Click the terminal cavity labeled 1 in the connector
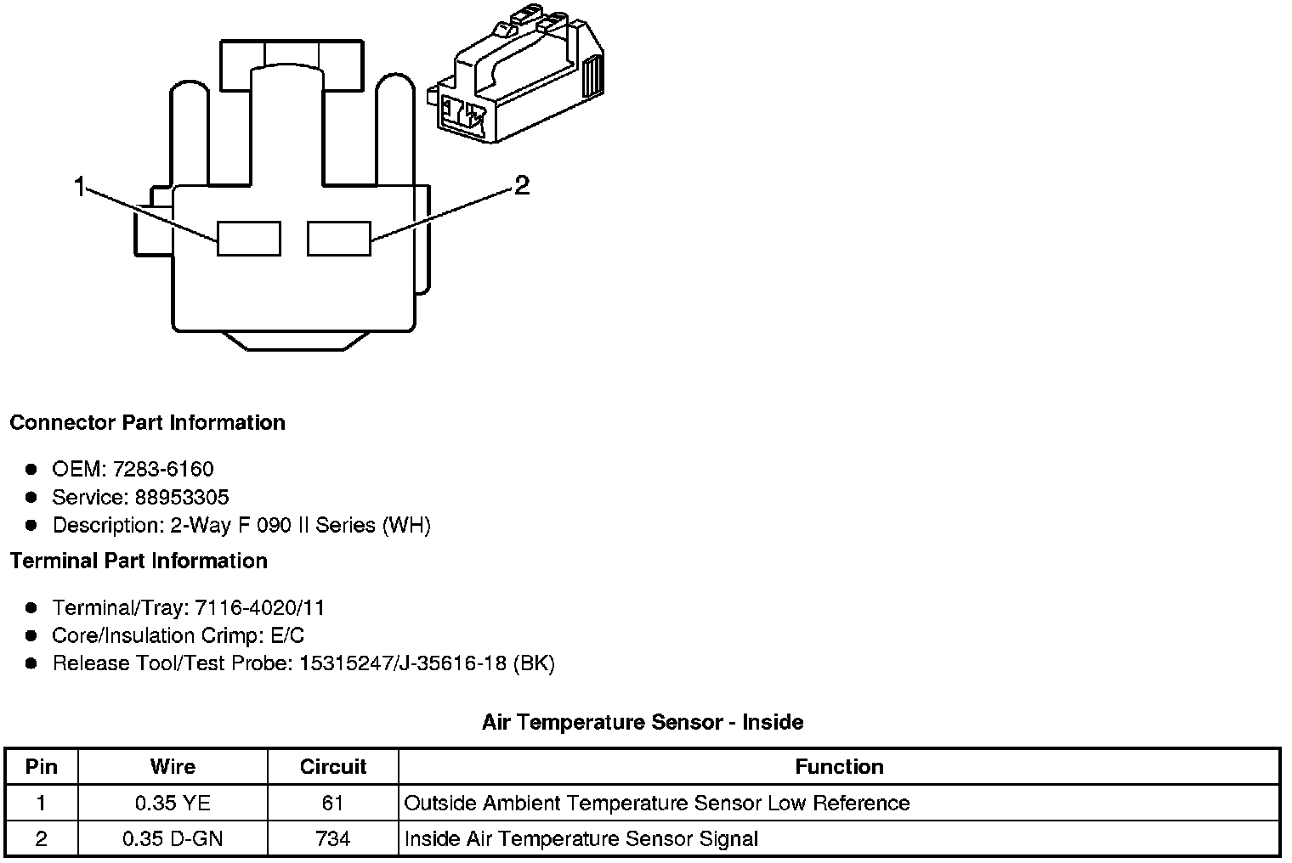[248, 238]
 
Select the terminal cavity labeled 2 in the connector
[339, 238]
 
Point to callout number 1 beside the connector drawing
[80, 187]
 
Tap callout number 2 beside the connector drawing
[522, 185]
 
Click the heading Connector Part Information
[147, 423]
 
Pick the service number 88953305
[182, 497]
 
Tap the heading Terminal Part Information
[139, 561]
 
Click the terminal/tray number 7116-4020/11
[259, 608]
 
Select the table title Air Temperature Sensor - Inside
[643, 723]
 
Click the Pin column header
[42, 767]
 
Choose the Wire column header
[173, 767]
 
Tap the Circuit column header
[333, 767]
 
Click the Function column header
[839, 767]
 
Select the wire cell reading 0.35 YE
[173, 804]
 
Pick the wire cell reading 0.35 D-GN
[173, 839]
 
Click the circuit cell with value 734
[333, 839]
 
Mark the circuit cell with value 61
[333, 804]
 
